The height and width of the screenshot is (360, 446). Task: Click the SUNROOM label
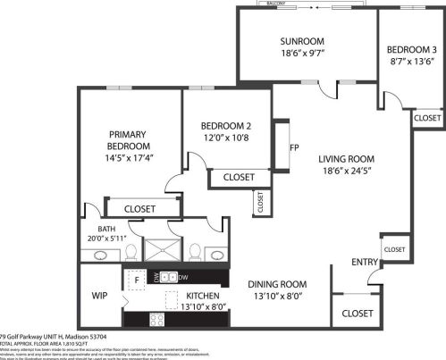(300, 41)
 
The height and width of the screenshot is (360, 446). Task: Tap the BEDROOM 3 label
(412, 49)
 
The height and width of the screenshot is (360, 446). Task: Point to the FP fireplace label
(293, 148)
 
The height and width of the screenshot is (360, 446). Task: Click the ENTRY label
(364, 261)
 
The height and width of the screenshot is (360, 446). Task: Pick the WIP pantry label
(99, 294)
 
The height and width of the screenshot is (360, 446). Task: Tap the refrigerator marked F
(137, 280)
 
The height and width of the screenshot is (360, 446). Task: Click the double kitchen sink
(171, 278)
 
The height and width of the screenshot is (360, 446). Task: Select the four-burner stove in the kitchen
(156, 319)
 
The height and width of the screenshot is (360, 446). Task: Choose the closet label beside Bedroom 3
(426, 118)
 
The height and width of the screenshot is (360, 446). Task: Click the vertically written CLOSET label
(260, 202)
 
